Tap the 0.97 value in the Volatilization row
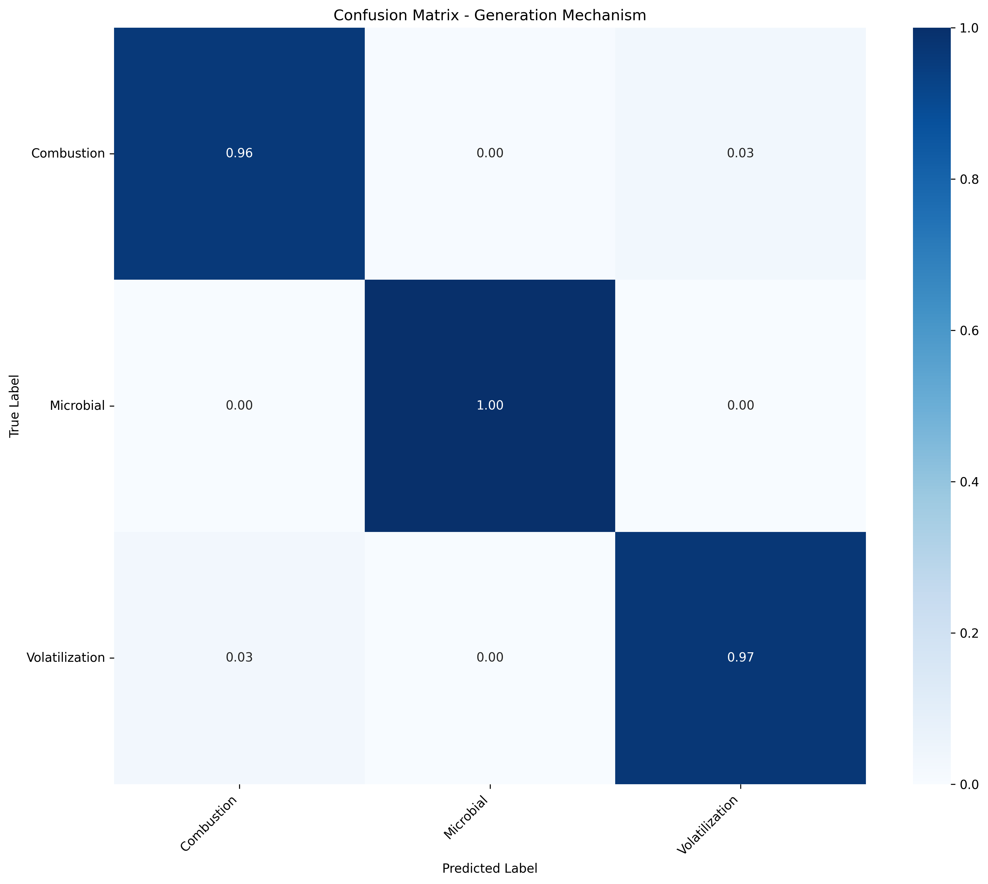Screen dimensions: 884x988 pos(740,657)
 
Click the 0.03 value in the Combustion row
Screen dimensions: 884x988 pos(740,153)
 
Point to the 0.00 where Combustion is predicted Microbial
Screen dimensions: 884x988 pos(490,153)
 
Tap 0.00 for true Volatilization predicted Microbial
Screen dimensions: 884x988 pos(490,657)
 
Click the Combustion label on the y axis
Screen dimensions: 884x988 pos(68,153)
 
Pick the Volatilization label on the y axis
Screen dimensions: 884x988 pos(66,657)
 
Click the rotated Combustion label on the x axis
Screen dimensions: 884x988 pos(209,823)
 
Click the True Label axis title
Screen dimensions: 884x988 pos(15,406)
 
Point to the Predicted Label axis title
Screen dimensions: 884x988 pos(490,868)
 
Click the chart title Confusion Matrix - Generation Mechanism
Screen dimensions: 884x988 pos(490,15)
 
